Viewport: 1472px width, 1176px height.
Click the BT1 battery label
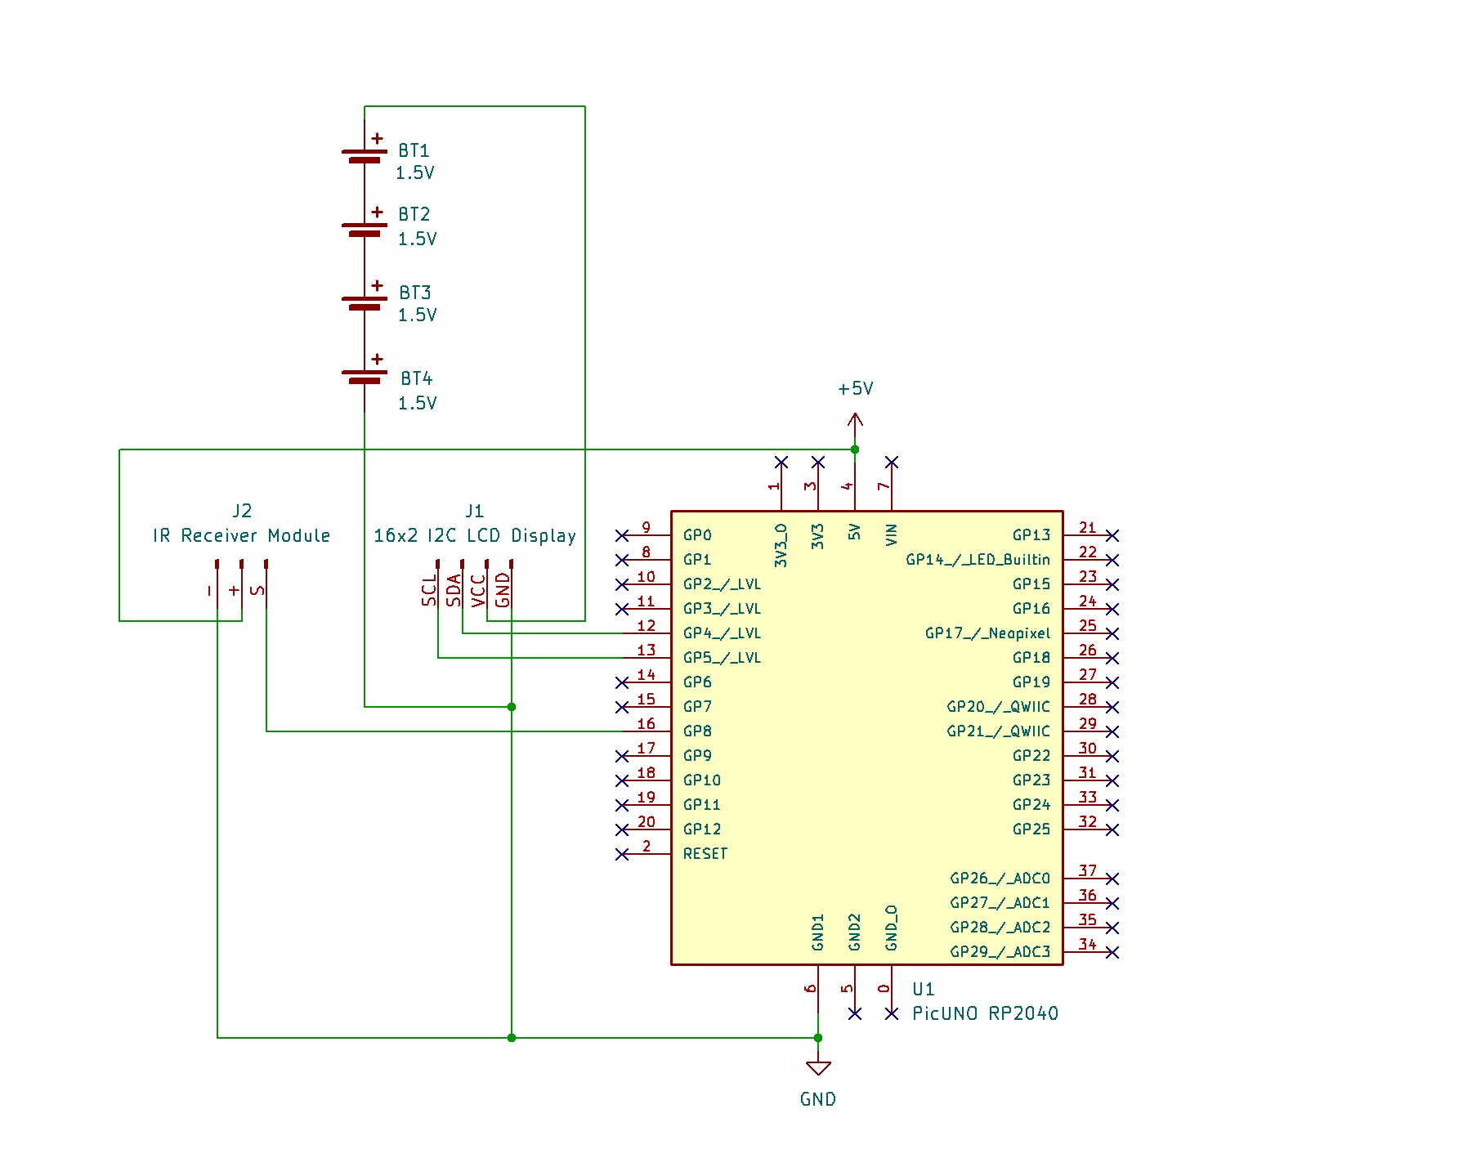click(414, 151)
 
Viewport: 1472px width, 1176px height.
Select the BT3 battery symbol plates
click(365, 303)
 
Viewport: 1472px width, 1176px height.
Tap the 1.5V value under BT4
click(417, 403)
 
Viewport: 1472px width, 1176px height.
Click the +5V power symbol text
click(855, 389)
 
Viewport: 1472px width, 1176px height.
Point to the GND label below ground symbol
click(817, 1099)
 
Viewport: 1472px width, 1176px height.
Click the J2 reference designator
click(242, 512)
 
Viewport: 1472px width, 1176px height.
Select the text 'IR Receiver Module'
click(241, 536)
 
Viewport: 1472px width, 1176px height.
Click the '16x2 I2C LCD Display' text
click(474, 536)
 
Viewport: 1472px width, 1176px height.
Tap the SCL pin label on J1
click(429, 590)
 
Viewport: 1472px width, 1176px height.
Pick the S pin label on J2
click(257, 590)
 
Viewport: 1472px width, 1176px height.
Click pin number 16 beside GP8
click(646, 724)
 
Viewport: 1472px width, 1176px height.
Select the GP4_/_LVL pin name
click(722, 633)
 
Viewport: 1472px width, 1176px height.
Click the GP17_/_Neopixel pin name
click(987, 633)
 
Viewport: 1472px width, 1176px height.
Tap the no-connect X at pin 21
click(1112, 535)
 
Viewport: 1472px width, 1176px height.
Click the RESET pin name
click(705, 854)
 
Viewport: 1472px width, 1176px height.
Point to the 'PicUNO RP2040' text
click(985, 1014)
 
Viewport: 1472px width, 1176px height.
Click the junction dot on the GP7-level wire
click(512, 707)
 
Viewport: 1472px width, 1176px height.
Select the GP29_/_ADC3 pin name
click(1000, 952)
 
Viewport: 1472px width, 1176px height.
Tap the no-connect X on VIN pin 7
click(892, 463)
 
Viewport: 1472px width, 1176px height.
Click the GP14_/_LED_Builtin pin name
click(978, 560)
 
